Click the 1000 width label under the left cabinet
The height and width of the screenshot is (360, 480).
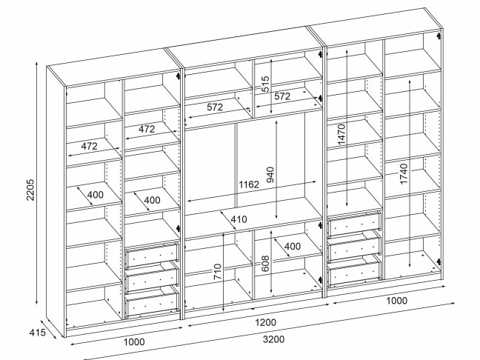pyautogui.click(x=133, y=342)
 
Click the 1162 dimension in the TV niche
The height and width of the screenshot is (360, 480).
pyautogui.click(x=248, y=184)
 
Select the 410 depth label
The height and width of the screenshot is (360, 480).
pyautogui.click(x=238, y=219)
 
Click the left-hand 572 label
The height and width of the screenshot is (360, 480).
pyautogui.click(x=216, y=107)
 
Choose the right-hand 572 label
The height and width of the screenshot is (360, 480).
pyautogui.click(x=281, y=96)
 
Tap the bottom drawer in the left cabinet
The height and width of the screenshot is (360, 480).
pyautogui.click(x=151, y=302)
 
